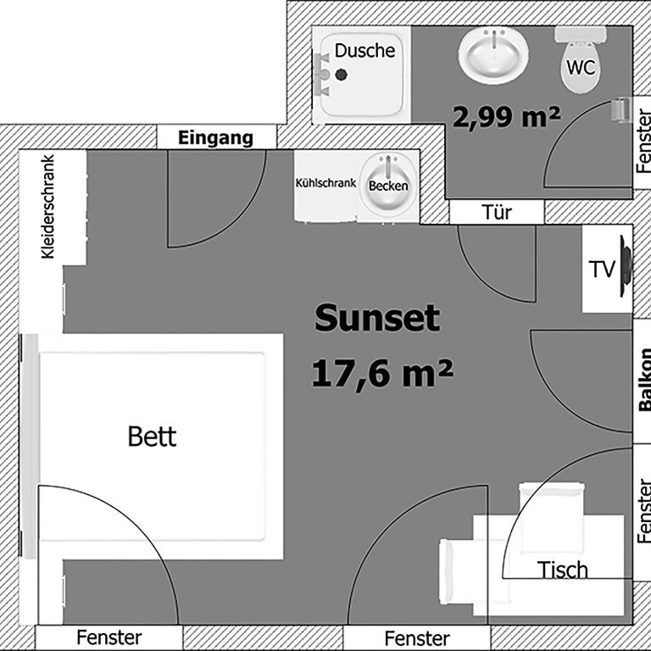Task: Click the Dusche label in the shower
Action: click(x=364, y=51)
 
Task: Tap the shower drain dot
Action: click(x=342, y=75)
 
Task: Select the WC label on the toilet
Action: click(x=581, y=67)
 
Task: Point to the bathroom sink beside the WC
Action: click(x=493, y=55)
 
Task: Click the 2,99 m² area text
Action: click(x=507, y=117)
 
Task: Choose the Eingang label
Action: click(x=215, y=138)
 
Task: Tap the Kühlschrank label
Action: click(x=325, y=183)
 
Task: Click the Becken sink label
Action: click(x=388, y=186)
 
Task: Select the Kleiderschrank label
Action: click(x=47, y=207)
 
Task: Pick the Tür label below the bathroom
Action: click(x=497, y=213)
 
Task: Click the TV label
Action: click(x=601, y=270)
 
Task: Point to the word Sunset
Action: click(x=377, y=318)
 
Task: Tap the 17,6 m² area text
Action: click(x=382, y=373)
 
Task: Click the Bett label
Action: click(x=152, y=437)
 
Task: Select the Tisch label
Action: click(x=563, y=570)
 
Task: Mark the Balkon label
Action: click(x=645, y=380)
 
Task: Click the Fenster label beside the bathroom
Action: click(x=643, y=142)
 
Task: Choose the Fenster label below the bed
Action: click(x=109, y=637)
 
